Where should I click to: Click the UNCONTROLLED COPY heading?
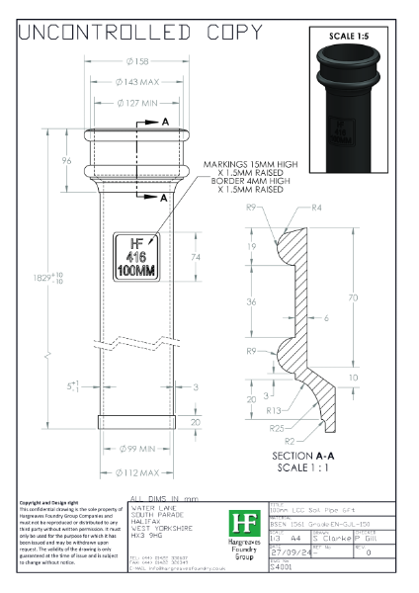[x=132, y=33]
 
